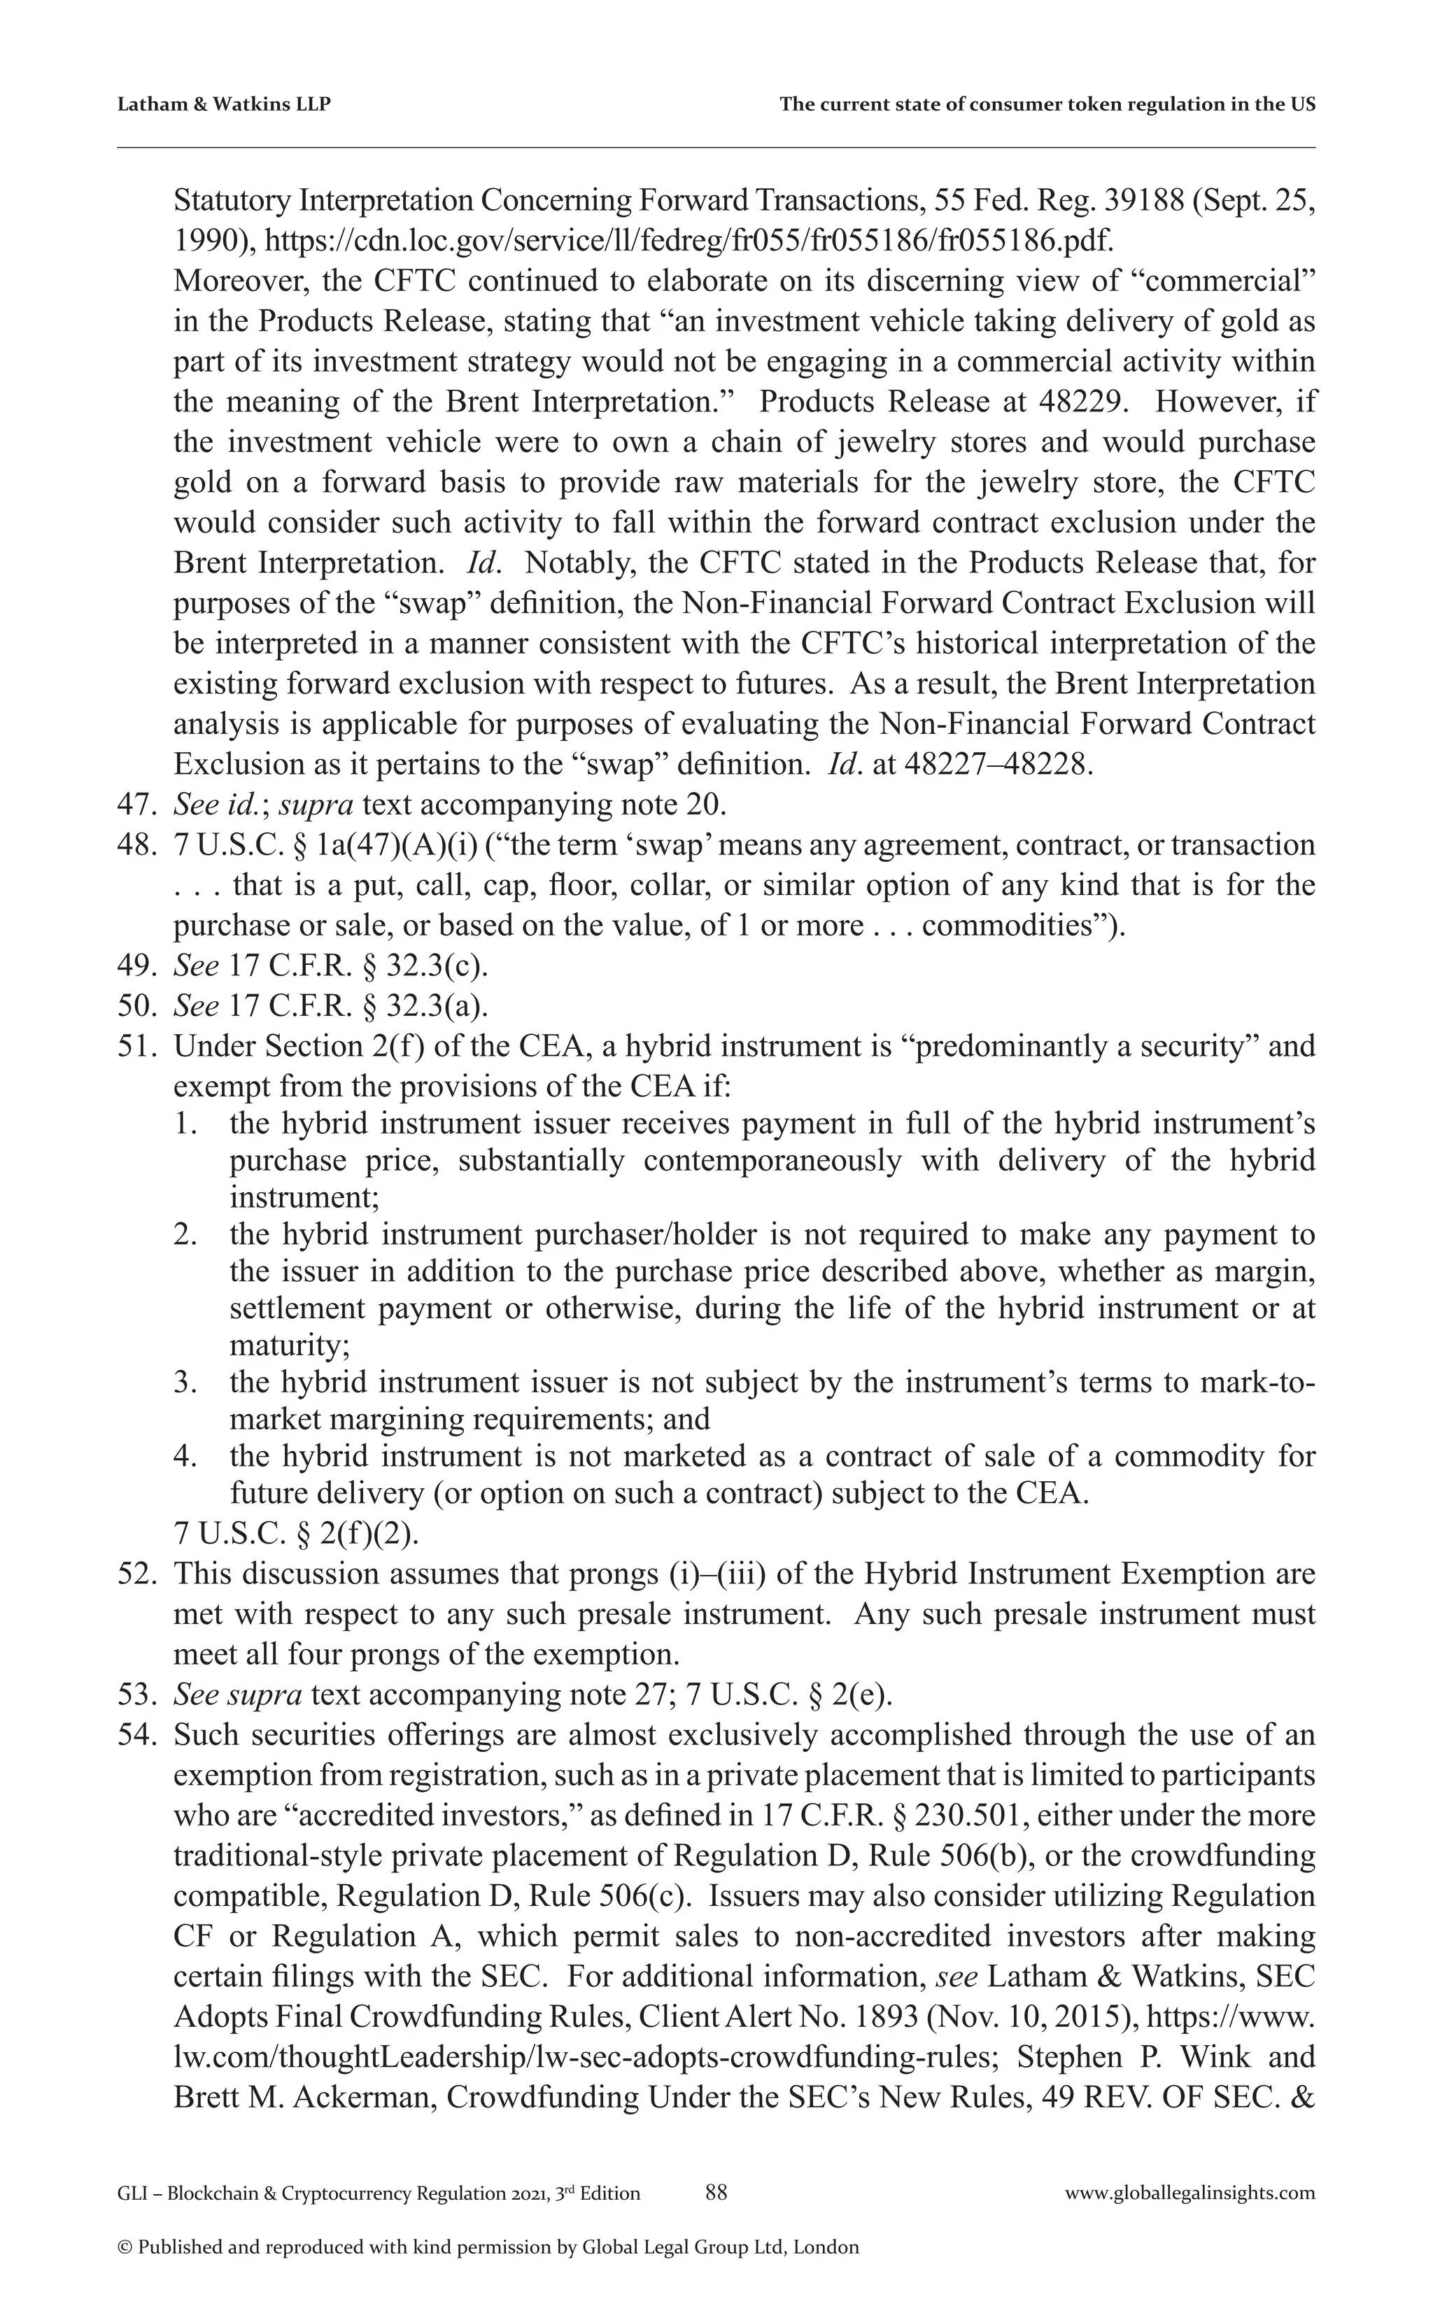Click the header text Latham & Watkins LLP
point(224,104)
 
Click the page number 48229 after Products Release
point(1083,402)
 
